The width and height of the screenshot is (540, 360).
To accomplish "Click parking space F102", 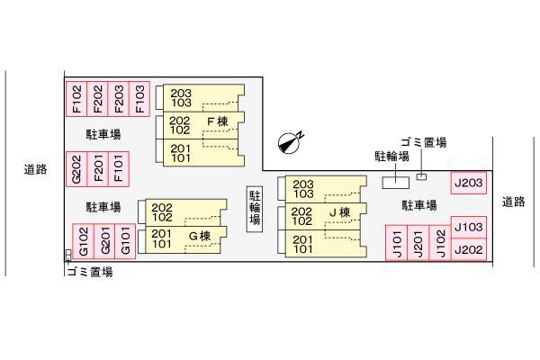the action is [76, 99].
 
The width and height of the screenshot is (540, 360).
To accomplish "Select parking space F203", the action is [119, 99].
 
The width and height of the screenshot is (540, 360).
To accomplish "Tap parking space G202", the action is [76, 169].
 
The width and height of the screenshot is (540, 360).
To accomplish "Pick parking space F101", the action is [119, 169].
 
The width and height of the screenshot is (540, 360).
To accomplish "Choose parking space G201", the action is [104, 241].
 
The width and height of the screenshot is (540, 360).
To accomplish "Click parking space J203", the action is [469, 183].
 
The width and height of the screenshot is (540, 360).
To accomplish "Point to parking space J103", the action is [469, 227].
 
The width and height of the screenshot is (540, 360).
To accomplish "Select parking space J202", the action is [469, 249].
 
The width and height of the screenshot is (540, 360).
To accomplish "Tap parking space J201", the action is [418, 243].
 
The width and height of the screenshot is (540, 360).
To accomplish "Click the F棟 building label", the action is [218, 121].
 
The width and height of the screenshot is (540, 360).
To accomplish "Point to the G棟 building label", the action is [200, 237].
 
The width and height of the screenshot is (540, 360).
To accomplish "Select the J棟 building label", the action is [339, 212].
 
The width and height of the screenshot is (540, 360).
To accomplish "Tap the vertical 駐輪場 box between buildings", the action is [255, 209].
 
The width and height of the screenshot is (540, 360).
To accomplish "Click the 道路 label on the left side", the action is [35, 169].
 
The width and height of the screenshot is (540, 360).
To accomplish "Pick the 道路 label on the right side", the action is [514, 202].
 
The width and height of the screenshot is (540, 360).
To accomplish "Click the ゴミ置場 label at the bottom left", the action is [90, 272].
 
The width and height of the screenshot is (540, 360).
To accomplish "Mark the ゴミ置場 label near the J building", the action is [424, 142].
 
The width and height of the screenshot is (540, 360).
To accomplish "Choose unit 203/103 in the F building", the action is [203, 98].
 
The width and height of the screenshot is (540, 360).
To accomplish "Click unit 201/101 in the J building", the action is [326, 244].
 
